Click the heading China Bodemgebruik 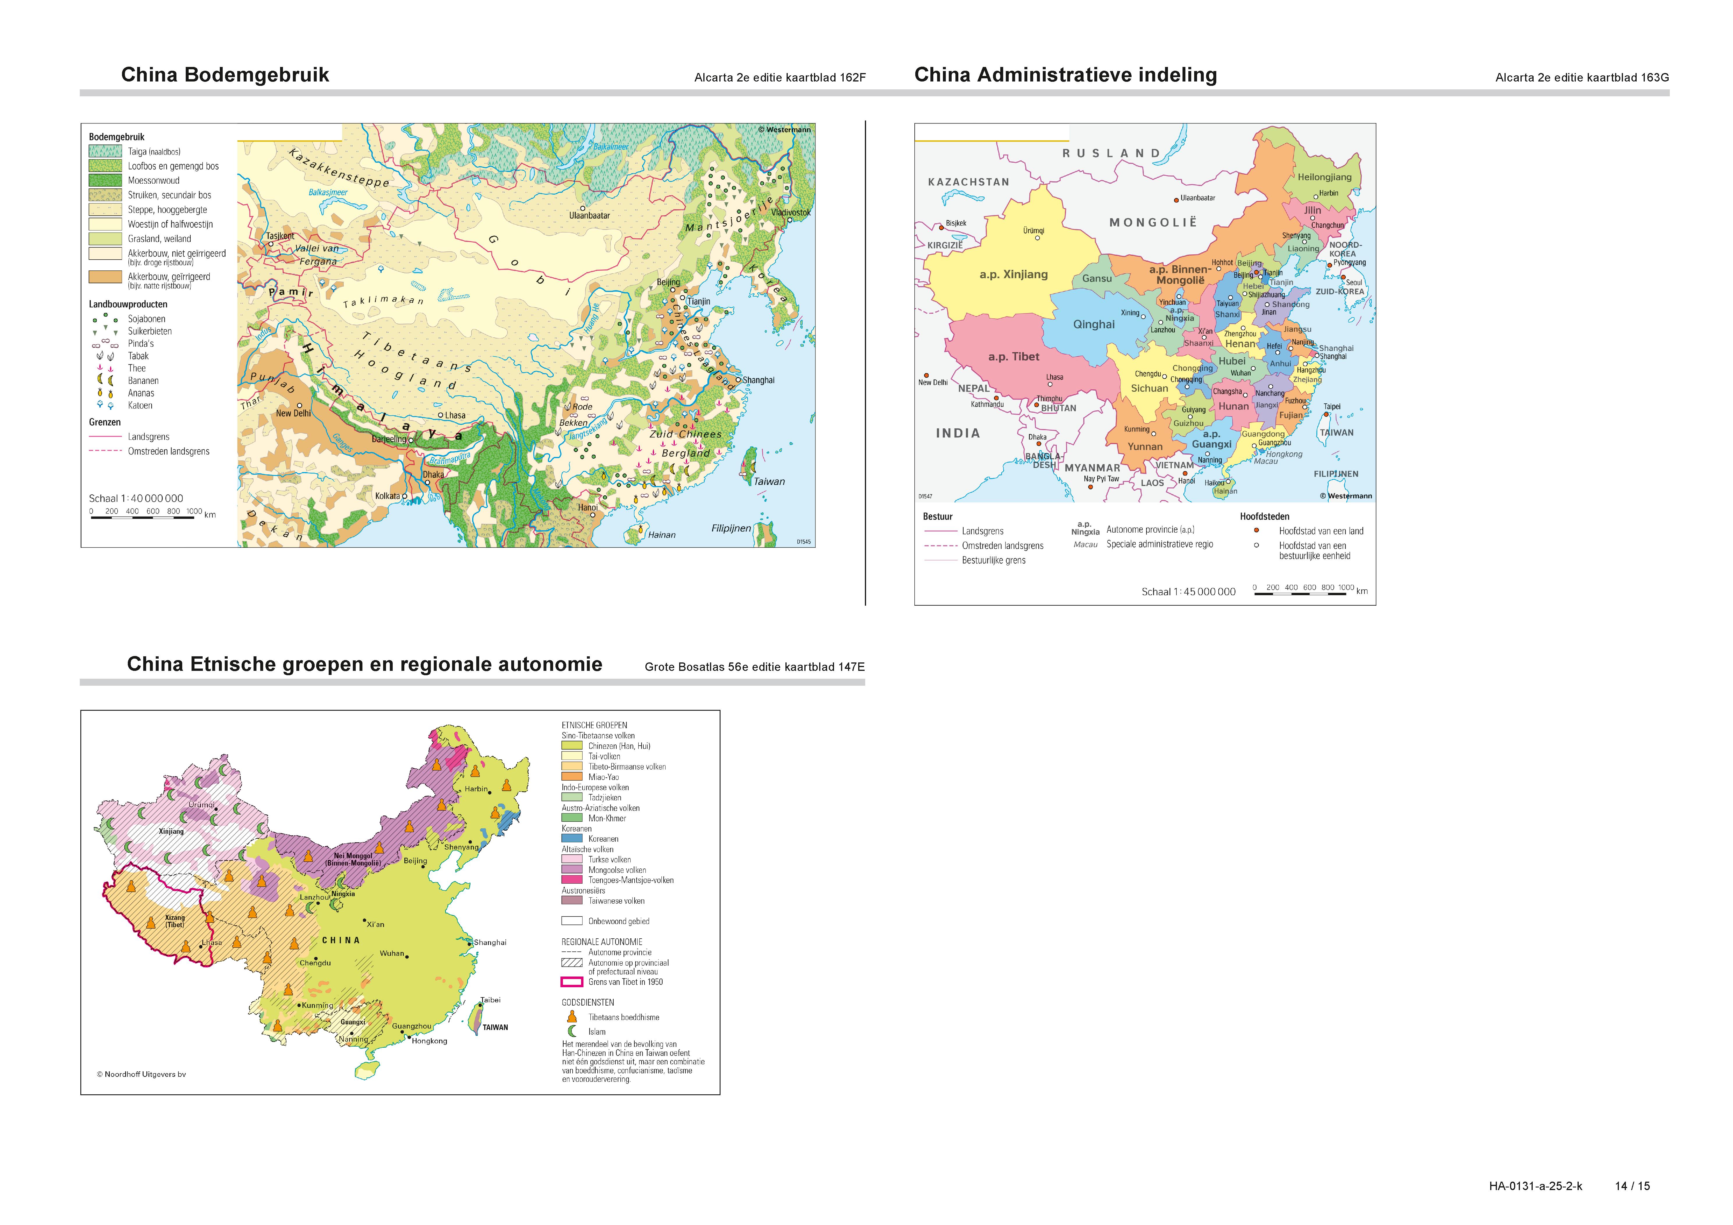click(x=225, y=75)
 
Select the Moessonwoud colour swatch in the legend click(x=105, y=180)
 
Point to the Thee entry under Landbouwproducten click(x=137, y=368)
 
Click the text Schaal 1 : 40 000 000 click(x=136, y=498)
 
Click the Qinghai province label click(x=1094, y=325)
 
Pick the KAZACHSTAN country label click(x=969, y=182)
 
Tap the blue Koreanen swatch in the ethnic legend click(x=571, y=838)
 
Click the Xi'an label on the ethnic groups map click(x=375, y=924)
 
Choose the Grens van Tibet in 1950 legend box click(x=571, y=982)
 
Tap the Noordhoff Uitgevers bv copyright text click(x=141, y=1074)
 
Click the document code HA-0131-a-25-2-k click(x=1535, y=1186)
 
